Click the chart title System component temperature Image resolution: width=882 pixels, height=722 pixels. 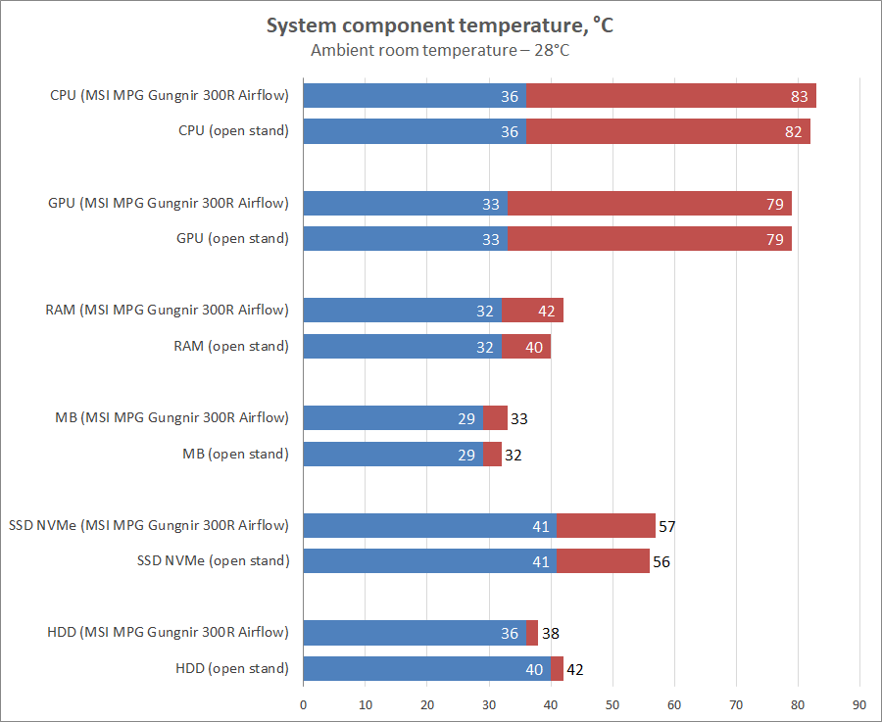pyautogui.click(x=440, y=25)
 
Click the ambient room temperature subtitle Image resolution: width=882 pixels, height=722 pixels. pyautogui.click(x=440, y=50)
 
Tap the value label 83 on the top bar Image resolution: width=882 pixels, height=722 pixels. pyautogui.click(x=800, y=96)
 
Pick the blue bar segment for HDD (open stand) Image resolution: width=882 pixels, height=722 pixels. pyautogui.click(x=412, y=669)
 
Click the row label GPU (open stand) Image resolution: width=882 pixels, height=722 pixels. pyautogui.click(x=232, y=238)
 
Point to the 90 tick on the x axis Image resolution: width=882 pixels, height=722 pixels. pyautogui.click(x=859, y=703)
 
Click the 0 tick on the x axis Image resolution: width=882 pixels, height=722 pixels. pyautogui.click(x=303, y=703)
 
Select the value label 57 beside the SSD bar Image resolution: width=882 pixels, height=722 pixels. pyautogui.click(x=667, y=526)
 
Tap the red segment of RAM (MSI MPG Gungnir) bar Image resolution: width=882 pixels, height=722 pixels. pyautogui.click(x=532, y=311)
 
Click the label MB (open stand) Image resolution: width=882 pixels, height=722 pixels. pyautogui.click(x=235, y=454)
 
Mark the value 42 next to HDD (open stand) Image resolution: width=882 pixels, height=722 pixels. pyautogui.click(x=575, y=669)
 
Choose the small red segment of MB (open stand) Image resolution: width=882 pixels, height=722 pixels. pyautogui.click(x=492, y=455)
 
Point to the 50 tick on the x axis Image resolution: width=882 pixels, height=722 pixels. pyautogui.click(x=612, y=703)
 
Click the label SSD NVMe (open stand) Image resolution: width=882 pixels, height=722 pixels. pyautogui.click(x=213, y=561)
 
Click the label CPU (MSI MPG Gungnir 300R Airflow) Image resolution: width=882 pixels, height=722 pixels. pyautogui.click(x=170, y=95)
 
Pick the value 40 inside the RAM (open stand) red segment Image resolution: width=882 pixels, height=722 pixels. pyautogui.click(x=535, y=347)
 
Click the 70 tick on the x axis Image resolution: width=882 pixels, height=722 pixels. pyautogui.click(x=736, y=703)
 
